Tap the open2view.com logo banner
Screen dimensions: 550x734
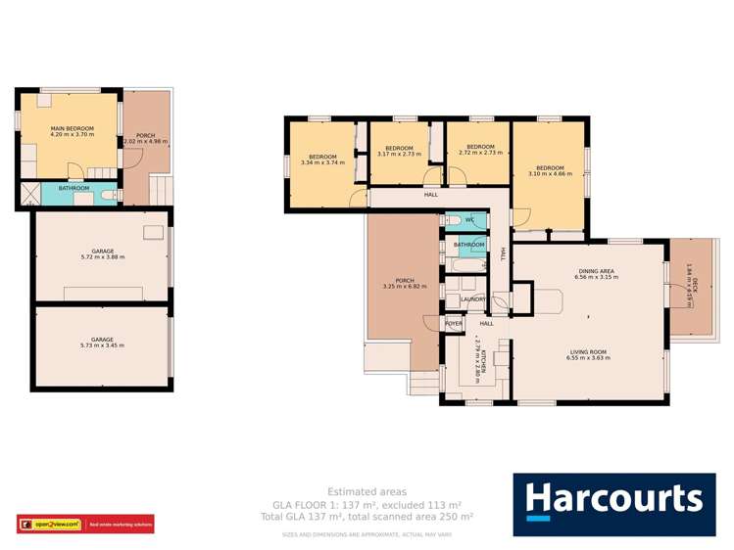pyautogui.click(x=85, y=525)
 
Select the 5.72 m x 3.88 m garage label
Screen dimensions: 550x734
pyautogui.click(x=103, y=254)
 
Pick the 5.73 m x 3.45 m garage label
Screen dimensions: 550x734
pyautogui.click(x=103, y=343)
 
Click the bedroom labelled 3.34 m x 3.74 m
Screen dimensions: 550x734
pyautogui.click(x=322, y=160)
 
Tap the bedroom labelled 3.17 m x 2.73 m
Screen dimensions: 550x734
pyautogui.click(x=399, y=151)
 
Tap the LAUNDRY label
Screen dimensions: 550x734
pyautogui.click(x=473, y=299)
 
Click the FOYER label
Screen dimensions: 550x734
pyautogui.click(x=454, y=323)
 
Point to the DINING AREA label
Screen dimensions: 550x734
pyautogui.click(x=595, y=274)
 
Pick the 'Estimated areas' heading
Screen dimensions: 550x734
pyautogui.click(x=367, y=491)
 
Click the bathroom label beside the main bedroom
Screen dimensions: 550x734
pyautogui.click(x=73, y=188)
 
